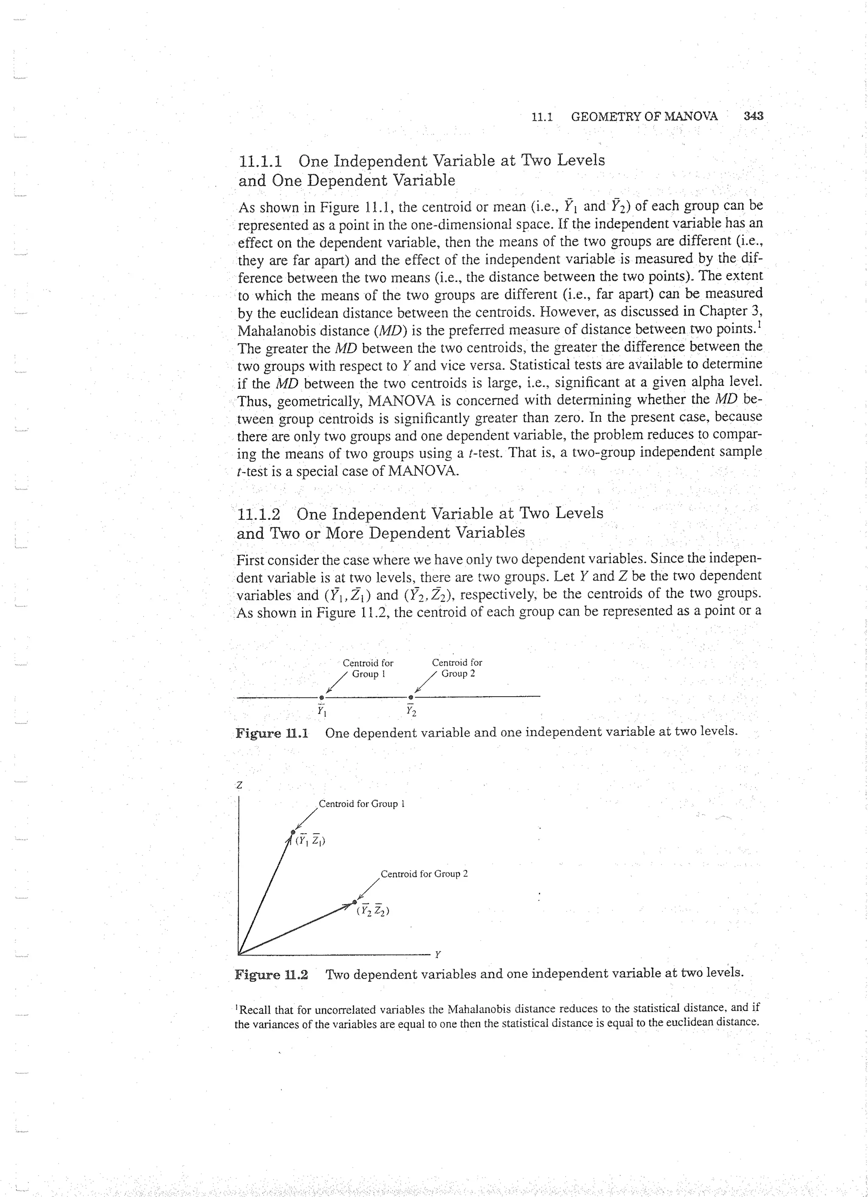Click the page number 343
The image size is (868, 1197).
(753, 116)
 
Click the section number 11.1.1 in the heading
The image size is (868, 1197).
(260, 160)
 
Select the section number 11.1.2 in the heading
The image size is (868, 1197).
(259, 514)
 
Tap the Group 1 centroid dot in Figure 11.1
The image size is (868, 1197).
(322, 698)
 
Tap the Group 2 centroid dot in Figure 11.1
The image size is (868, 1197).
(411, 698)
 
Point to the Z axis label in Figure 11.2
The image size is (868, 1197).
(239, 785)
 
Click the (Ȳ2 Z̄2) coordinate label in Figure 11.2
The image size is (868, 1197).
(373, 910)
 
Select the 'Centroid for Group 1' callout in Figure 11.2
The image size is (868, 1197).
(362, 804)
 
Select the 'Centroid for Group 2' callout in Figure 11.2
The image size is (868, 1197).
(424, 874)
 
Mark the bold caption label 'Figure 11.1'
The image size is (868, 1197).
(272, 733)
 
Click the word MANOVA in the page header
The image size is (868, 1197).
(691, 116)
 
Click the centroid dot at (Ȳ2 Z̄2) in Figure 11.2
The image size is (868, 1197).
(355, 901)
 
